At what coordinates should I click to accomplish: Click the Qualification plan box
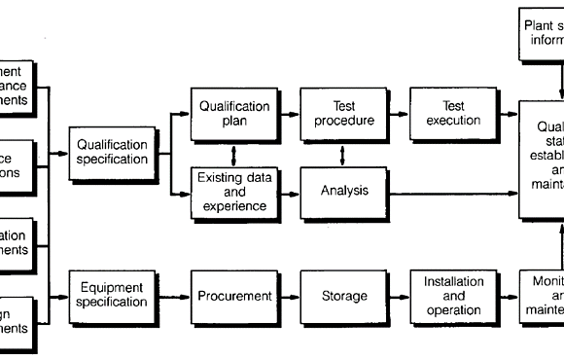(234, 113)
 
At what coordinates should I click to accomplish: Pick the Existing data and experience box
(234, 191)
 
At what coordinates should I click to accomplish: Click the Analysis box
(344, 191)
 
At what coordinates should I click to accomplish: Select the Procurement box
(234, 296)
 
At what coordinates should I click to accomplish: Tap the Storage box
(344, 296)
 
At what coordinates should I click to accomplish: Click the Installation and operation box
(453, 296)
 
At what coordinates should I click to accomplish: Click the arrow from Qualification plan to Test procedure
(289, 113)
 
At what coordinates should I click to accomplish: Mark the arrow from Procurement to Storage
(289, 296)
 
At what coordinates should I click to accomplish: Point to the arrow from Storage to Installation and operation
(399, 296)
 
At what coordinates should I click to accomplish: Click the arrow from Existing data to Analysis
(289, 191)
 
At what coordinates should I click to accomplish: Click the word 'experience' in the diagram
(234, 207)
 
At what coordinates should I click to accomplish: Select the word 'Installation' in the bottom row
(453, 282)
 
